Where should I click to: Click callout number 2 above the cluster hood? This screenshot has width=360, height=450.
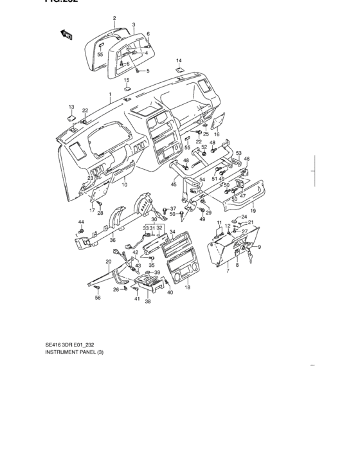pyautogui.click(x=114, y=18)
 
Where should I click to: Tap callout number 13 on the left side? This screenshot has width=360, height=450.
pyautogui.click(x=71, y=106)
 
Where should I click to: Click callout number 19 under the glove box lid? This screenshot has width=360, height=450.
pyautogui.click(x=253, y=210)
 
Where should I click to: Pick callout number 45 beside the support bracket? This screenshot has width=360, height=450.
pyautogui.click(x=173, y=184)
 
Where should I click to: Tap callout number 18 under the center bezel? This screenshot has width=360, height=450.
pyautogui.click(x=188, y=287)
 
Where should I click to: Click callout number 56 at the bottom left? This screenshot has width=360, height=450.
pyautogui.click(x=98, y=298)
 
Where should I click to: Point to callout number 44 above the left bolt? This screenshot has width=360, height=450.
pyautogui.click(x=81, y=222)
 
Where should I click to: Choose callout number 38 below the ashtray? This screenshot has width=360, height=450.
pyautogui.click(x=148, y=301)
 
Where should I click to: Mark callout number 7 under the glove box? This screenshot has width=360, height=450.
pyautogui.click(x=227, y=272)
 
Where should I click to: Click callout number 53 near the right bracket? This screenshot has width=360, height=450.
pyautogui.click(x=238, y=153)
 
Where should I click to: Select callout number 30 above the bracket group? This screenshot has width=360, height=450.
pyautogui.click(x=154, y=219)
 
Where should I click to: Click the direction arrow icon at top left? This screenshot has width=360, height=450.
pyautogui.click(x=66, y=35)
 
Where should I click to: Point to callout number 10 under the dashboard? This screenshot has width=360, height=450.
pyautogui.click(x=124, y=185)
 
